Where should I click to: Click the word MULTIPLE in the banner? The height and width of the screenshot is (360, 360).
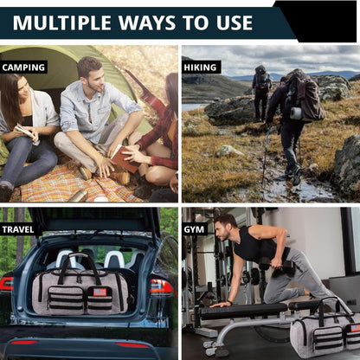tap(62, 22)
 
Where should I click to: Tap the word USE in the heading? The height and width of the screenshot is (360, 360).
tap(235, 22)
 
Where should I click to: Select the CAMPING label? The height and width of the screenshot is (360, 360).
tap(23, 67)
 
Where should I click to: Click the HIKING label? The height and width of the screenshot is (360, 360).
tap(201, 67)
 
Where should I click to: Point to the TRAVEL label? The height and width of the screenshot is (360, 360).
tap(18, 229)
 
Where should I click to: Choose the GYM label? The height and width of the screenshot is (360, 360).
tap(194, 229)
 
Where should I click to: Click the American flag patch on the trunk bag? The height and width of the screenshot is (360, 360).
tap(100, 292)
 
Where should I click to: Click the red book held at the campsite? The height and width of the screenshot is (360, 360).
tap(125, 158)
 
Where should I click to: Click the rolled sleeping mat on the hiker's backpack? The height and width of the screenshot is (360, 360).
tap(296, 113)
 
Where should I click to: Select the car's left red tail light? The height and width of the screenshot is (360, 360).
tap(7, 284)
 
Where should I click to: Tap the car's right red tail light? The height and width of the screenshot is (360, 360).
tap(161, 286)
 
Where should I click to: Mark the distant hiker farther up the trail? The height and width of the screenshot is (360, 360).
tap(261, 93)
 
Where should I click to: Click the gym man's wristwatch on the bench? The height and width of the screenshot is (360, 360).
tap(230, 303)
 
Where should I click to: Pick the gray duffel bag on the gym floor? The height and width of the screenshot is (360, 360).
tap(325, 331)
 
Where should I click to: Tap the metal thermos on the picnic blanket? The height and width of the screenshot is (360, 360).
tap(79, 196)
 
